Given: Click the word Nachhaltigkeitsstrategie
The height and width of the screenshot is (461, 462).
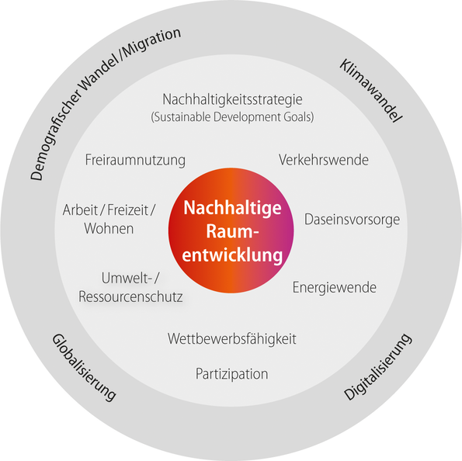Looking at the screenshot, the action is click(x=232, y=100).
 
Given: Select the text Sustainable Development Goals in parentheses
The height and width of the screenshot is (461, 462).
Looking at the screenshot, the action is click(x=232, y=117).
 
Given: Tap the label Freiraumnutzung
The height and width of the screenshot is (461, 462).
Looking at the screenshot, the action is click(x=135, y=161).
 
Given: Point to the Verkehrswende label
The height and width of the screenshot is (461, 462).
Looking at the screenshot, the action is click(x=324, y=160).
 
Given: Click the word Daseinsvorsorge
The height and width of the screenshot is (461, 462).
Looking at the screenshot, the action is click(x=352, y=220).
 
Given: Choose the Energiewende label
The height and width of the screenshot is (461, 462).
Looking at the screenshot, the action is click(x=335, y=288).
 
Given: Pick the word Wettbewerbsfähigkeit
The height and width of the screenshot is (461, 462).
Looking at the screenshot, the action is click(x=232, y=339).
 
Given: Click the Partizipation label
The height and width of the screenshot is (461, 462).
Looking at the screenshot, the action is click(x=232, y=374).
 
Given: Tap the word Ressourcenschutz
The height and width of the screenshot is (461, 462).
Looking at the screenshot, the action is click(x=130, y=296).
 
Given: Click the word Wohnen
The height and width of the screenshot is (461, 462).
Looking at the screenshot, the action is click(x=109, y=229).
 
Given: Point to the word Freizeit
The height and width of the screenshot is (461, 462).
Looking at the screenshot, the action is click(x=128, y=210).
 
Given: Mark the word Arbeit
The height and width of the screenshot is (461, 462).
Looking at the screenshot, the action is click(x=80, y=210).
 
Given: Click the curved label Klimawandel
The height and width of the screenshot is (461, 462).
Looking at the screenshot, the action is click(x=370, y=91).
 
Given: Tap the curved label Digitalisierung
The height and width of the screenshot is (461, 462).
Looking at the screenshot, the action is click(x=377, y=367).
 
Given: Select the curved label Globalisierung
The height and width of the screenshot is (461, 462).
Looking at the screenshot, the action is click(x=85, y=368).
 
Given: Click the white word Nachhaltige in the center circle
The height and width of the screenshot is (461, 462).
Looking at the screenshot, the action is click(x=232, y=209).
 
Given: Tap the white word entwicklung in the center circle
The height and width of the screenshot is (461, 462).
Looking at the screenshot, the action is click(x=232, y=255).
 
